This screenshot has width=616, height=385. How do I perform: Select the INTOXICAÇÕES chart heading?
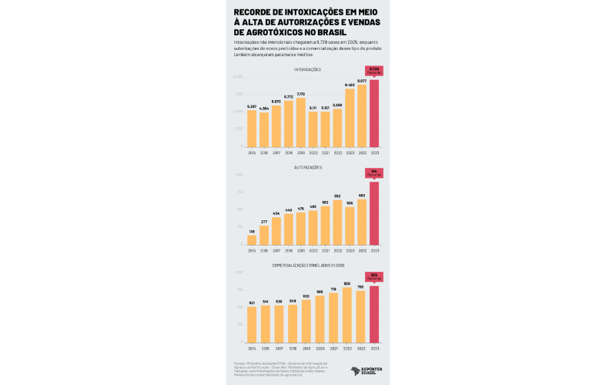[308, 70]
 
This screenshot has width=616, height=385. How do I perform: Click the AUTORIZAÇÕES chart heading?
[308, 167]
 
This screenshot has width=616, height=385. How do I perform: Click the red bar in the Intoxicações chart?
[374, 113]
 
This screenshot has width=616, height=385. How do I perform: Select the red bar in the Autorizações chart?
[374, 213]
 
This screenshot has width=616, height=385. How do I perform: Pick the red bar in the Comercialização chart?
[374, 314]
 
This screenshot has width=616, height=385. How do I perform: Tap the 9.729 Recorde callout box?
[374, 70]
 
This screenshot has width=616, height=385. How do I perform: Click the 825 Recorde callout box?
[374, 276]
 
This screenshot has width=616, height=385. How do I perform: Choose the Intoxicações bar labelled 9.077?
[362, 115]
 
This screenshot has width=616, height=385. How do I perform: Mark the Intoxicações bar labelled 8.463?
[350, 118]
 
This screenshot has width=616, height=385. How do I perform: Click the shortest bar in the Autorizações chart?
[252, 240]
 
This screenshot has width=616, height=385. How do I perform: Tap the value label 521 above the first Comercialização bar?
[252, 303]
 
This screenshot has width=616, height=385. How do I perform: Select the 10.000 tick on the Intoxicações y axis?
[239, 77]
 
